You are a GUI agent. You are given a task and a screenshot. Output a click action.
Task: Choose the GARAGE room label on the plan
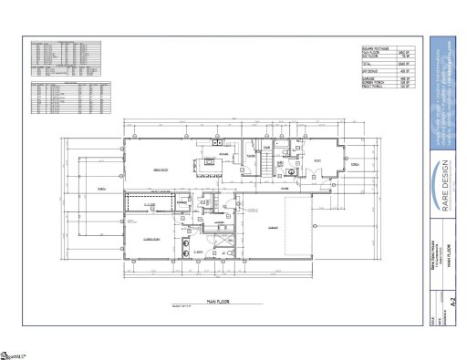click(x=272, y=226)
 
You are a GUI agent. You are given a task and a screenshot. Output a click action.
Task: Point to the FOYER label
click(x=285, y=188)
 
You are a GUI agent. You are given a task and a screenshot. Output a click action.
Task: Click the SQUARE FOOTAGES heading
click(x=378, y=48)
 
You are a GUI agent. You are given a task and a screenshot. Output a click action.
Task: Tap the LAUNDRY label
click(x=219, y=223)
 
